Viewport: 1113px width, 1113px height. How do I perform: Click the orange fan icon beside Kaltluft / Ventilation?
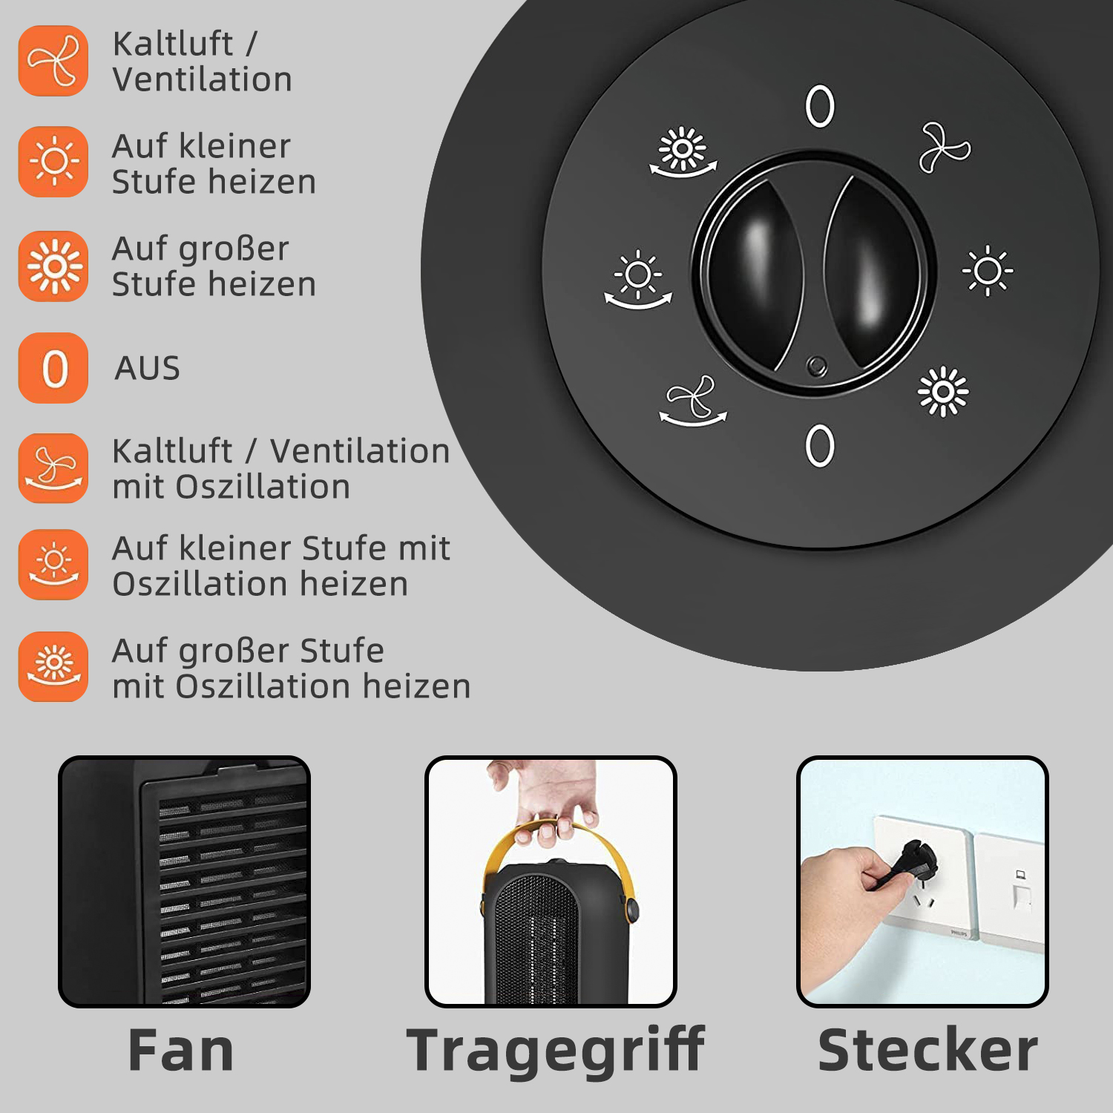[53, 61]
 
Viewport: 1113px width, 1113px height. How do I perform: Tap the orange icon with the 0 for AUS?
[53, 368]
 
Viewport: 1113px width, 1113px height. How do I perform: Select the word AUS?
[148, 368]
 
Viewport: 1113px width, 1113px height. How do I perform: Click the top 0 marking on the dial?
[820, 107]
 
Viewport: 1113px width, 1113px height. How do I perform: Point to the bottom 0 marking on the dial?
[820, 446]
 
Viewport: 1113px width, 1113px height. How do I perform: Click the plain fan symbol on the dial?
[945, 148]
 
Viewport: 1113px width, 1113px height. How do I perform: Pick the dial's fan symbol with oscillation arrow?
[693, 401]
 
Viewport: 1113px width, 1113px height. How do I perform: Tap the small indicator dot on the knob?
[817, 366]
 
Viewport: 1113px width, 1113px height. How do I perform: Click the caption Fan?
[181, 1050]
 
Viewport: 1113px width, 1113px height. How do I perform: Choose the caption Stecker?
[928, 1050]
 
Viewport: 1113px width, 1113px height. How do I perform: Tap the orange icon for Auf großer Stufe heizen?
[53, 266]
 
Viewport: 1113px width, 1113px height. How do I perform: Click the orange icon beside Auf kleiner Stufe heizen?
[53, 162]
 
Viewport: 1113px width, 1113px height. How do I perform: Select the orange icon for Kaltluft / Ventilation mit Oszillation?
[53, 468]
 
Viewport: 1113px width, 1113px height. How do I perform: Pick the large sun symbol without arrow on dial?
[943, 391]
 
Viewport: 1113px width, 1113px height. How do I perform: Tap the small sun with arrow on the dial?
[638, 280]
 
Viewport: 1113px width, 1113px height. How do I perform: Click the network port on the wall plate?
[1021, 893]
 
